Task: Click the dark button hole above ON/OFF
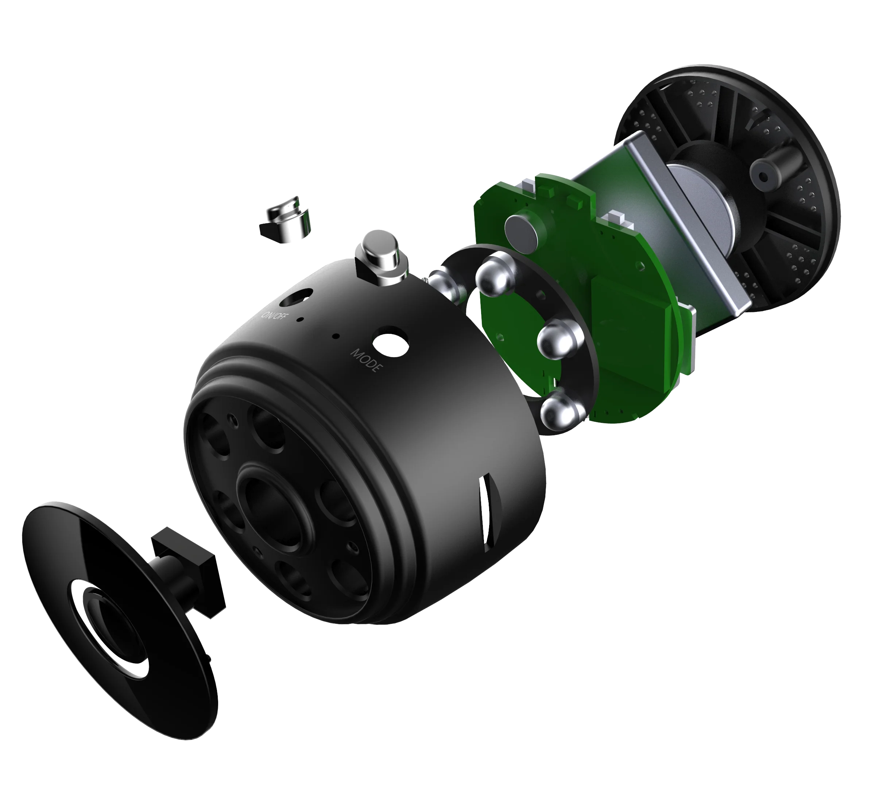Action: point(296,298)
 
